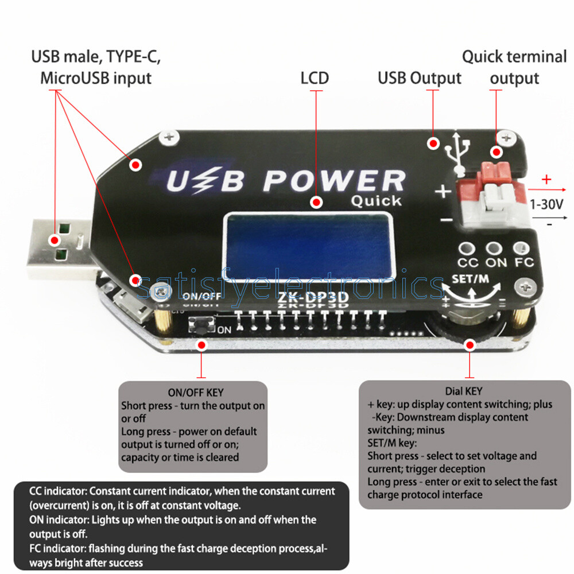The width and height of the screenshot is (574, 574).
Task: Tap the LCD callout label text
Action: pyautogui.click(x=315, y=77)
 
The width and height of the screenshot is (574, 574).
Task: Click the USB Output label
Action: pyautogui.click(x=419, y=77)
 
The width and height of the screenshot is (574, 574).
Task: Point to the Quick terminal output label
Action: pyautogui.click(x=514, y=68)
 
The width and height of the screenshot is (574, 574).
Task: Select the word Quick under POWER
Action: pyautogui.click(x=376, y=201)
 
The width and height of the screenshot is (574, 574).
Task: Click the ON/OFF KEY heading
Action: pyautogui.click(x=195, y=393)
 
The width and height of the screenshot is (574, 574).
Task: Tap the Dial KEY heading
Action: pyautogui.click(x=464, y=391)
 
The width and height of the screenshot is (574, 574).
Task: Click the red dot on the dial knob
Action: pyautogui.click(x=470, y=345)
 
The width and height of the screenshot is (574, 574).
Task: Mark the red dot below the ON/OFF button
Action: pyautogui.click(x=201, y=345)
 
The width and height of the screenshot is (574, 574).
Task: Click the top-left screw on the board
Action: pyautogui.click(x=169, y=136)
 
